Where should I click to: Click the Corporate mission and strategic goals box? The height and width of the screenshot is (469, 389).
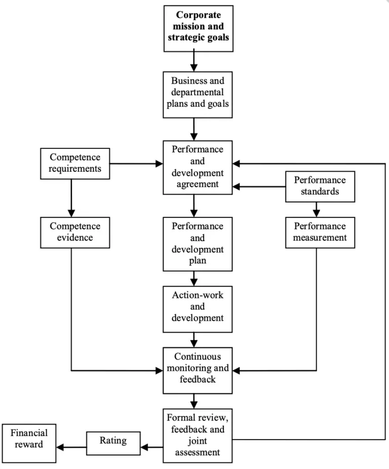click(199, 28)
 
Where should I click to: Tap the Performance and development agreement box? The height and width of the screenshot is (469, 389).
click(198, 167)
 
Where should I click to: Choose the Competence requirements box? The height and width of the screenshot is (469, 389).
click(75, 163)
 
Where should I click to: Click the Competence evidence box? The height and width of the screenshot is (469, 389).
click(75, 232)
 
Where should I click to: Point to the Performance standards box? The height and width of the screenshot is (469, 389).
click(320, 186)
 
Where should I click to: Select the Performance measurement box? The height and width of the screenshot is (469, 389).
click(320, 232)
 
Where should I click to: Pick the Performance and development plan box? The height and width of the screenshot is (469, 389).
click(198, 244)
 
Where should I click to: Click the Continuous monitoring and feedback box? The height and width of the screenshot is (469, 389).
click(198, 370)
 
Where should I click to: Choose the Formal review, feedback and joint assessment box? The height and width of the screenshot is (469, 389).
click(198, 435)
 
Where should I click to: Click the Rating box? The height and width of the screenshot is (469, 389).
click(113, 442)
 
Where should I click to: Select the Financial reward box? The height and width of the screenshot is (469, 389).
click(29, 444)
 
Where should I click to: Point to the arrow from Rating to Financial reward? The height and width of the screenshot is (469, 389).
click(71, 447)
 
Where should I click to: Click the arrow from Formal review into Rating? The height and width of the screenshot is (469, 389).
click(151, 447)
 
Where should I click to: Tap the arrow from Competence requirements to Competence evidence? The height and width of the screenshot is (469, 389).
click(71, 198)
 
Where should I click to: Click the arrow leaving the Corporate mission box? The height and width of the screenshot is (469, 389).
click(193, 61)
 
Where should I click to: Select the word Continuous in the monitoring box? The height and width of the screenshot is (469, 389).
click(198, 357)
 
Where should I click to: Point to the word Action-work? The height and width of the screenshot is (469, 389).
click(198, 294)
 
